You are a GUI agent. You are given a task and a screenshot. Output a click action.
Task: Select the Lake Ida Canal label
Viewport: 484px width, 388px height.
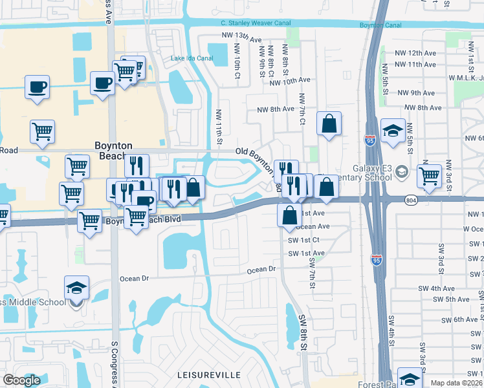point(192,58)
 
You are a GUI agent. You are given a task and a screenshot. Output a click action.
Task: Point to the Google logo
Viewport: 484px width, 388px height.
point(21,380)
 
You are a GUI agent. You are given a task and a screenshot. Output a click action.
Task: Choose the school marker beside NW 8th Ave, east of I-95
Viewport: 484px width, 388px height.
point(393,131)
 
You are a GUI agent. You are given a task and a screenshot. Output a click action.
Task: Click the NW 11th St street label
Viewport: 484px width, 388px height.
point(220,128)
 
